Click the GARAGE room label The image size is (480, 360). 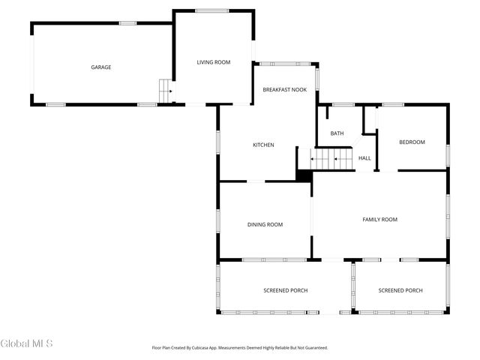coord(101,67)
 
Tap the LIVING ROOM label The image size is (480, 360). coord(214,62)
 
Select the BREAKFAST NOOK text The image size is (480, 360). coord(285,90)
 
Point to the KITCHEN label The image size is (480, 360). coord(263,145)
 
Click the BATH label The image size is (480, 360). coord(337,133)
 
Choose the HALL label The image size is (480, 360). coord(364,158)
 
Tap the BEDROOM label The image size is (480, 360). coord(412,142)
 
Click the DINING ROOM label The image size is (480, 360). coord(265,224)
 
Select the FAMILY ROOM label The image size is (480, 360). coord(379,220)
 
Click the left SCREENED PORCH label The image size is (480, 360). coord(285,290)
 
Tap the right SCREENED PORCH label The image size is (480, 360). coord(400,290)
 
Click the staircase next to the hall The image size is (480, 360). coord(332,158)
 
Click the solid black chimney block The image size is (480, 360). coord(304,175)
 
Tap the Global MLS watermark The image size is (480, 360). coord(27,344)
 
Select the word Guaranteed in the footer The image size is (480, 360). coord(313,348)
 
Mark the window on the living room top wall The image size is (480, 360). coord(211,10)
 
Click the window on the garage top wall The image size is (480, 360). coord(128,23)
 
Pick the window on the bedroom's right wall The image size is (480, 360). coord(448,154)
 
